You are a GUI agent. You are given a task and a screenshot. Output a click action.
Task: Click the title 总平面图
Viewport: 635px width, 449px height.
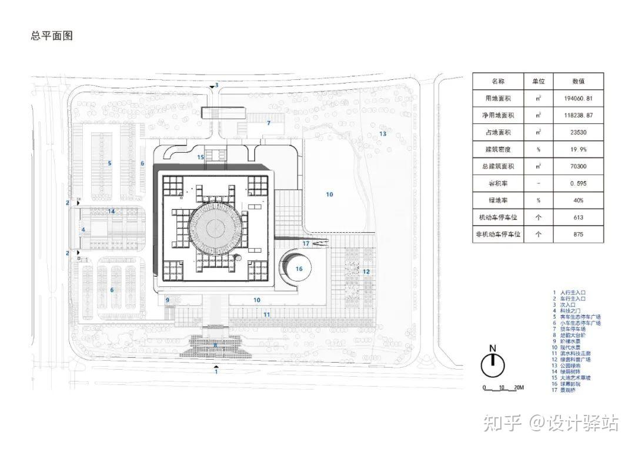click(x=52, y=36)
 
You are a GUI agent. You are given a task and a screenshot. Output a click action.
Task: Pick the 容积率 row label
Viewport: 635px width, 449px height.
click(x=497, y=184)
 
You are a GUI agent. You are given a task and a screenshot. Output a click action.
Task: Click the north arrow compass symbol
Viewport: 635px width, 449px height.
click(x=493, y=364)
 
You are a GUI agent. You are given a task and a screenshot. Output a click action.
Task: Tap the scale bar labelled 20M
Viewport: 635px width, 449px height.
click(x=503, y=388)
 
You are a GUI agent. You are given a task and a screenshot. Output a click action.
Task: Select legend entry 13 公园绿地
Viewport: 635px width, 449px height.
click(x=564, y=366)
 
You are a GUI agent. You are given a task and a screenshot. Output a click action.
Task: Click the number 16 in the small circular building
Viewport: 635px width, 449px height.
click(x=299, y=269)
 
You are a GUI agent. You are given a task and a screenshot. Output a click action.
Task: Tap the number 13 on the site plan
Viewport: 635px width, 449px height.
click(x=382, y=134)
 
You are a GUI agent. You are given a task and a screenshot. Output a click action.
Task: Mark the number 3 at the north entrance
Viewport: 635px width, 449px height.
click(x=216, y=85)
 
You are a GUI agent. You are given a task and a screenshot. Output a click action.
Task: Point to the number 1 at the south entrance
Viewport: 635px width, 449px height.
click(x=216, y=371)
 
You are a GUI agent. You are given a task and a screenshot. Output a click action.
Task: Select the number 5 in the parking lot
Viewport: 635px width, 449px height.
click(x=109, y=163)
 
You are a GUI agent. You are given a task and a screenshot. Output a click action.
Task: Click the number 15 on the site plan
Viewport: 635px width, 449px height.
click(x=200, y=157)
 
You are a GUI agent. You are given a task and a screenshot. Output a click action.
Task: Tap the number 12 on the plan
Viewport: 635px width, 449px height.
click(x=366, y=272)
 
